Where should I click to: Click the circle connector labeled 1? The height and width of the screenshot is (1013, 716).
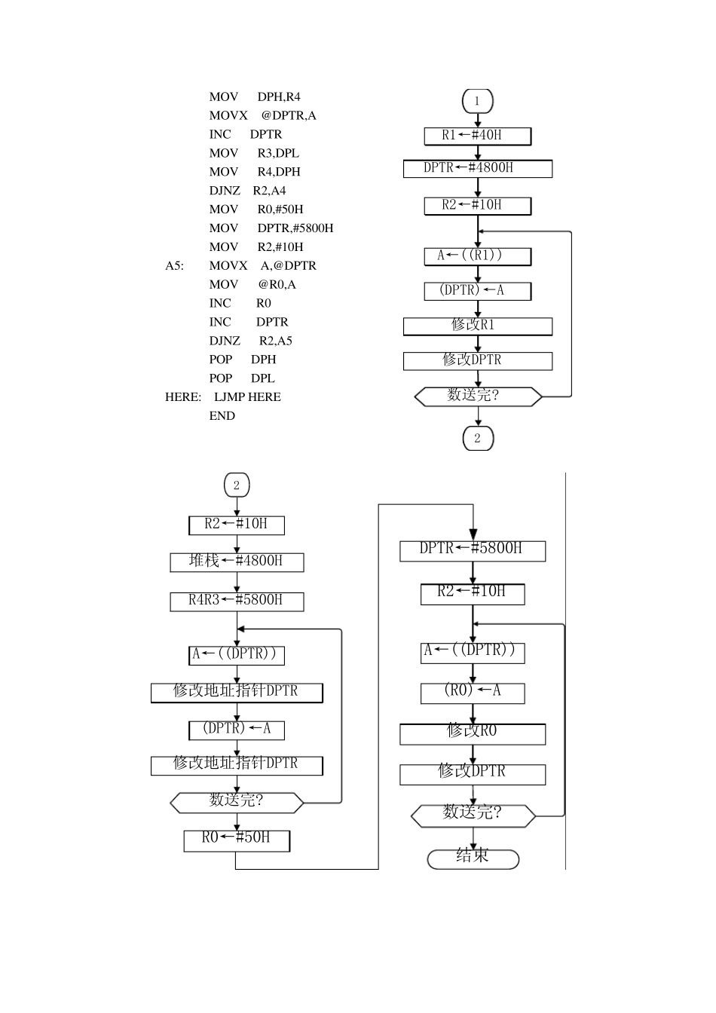point(477,101)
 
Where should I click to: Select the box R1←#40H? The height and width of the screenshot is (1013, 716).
point(477,136)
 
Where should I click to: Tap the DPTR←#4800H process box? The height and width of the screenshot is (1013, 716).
point(477,168)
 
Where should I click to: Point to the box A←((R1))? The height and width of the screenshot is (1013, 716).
point(477,256)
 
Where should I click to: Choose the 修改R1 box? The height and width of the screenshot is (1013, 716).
point(477,326)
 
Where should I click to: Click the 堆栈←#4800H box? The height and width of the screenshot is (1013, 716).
point(237,562)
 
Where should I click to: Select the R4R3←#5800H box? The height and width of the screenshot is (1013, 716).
point(237,601)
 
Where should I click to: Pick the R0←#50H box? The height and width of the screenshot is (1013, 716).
point(237,838)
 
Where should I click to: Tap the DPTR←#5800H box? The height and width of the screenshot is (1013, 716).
point(472,549)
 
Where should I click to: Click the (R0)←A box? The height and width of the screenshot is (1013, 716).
point(472,691)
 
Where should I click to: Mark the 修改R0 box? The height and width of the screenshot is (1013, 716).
point(472,732)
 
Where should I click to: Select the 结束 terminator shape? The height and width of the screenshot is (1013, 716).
point(473,858)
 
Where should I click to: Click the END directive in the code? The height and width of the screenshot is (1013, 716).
point(222,415)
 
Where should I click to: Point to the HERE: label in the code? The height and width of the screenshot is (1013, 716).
point(183,397)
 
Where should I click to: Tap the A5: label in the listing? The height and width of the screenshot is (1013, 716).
point(175,265)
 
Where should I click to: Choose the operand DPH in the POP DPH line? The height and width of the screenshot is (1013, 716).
point(264,360)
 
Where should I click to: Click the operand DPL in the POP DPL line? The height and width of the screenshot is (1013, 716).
point(263,378)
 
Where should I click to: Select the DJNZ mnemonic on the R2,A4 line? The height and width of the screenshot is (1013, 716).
point(225,191)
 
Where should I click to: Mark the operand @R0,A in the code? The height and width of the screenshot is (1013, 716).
point(277,284)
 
